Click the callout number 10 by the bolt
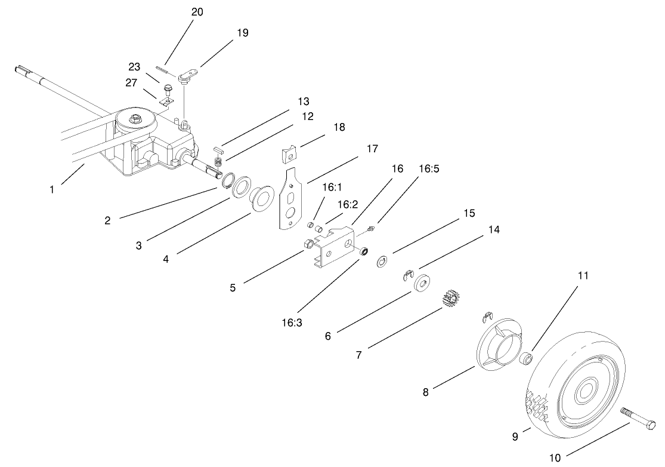[555, 458]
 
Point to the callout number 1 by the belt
[52, 190]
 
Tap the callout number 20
[197, 12]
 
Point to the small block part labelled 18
[289, 154]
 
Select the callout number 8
[425, 392]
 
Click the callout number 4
[165, 259]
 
